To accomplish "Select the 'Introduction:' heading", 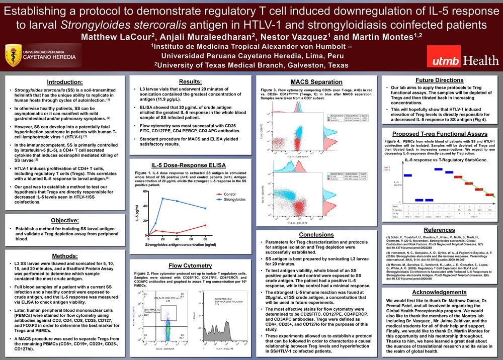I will point(64,82).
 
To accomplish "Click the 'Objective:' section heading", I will point(64,220).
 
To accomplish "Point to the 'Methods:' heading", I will point(64,256).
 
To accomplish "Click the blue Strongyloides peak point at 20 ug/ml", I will point(162,199).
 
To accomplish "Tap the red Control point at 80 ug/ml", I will point(205,225).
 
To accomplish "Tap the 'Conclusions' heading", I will point(316,234).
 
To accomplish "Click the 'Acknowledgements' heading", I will point(439,292).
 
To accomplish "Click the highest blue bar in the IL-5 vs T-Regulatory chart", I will point(439,168).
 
